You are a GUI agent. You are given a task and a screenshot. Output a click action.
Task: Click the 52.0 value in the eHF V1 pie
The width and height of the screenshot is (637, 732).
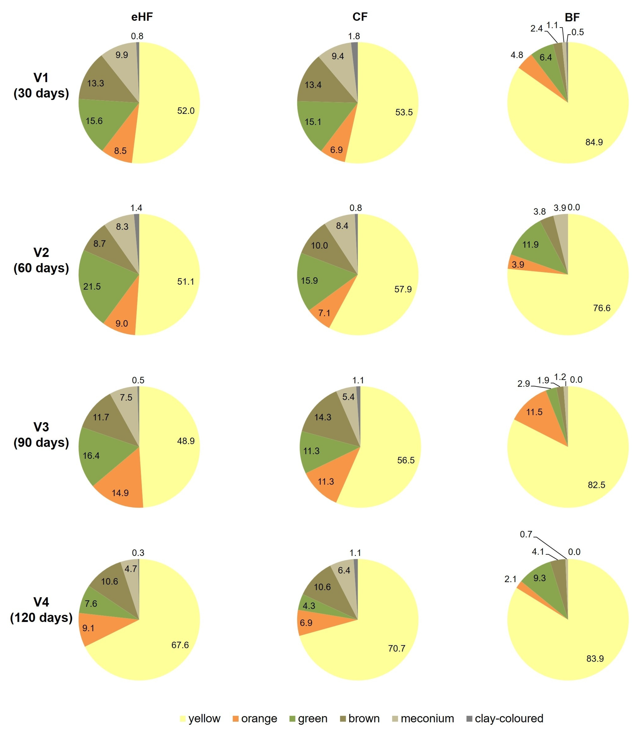coord(186,111)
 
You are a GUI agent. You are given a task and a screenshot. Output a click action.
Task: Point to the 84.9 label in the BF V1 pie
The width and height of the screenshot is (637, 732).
coord(594,142)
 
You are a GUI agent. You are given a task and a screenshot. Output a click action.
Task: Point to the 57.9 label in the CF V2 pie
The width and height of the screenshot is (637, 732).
coord(403,289)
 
